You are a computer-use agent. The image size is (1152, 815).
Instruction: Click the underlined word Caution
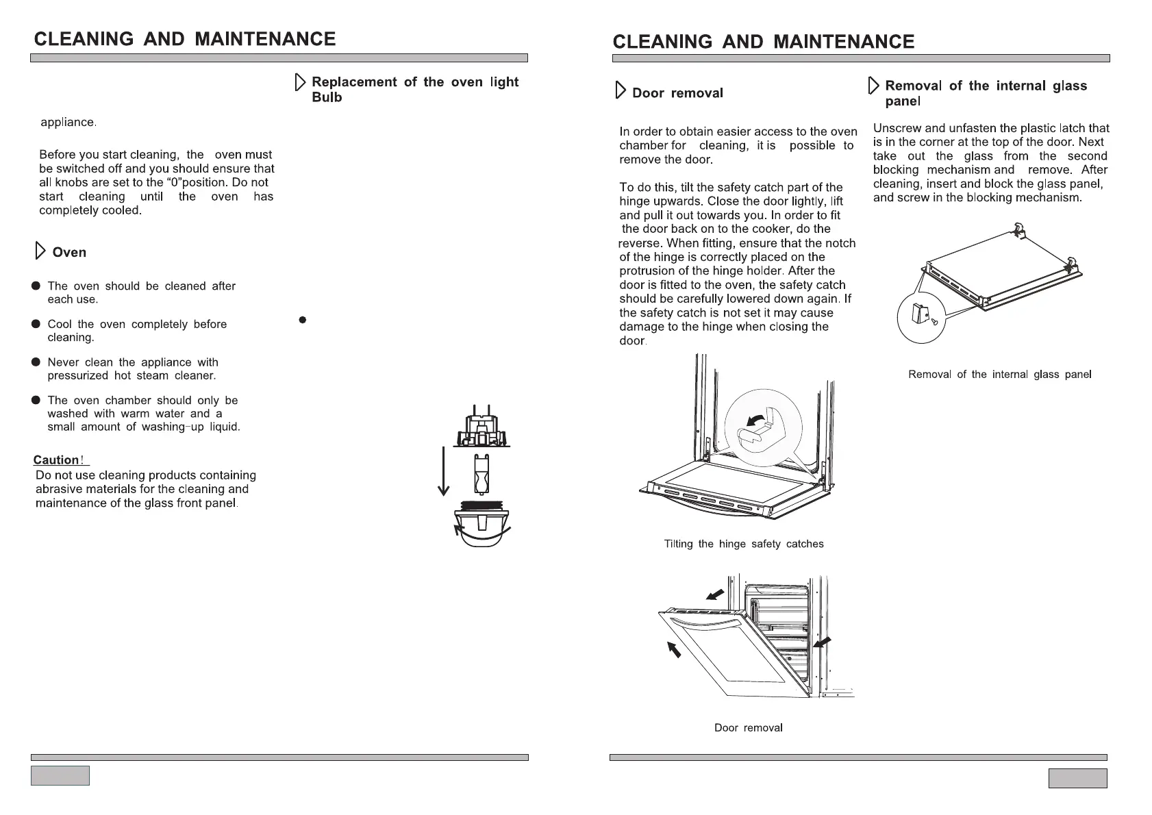pos(56,460)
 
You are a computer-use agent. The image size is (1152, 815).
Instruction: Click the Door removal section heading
pos(677,93)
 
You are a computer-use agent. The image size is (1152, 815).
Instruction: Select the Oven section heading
pos(69,252)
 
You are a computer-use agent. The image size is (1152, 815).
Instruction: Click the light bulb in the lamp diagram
pos(482,473)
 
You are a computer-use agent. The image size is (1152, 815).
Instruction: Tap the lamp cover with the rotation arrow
pos(482,528)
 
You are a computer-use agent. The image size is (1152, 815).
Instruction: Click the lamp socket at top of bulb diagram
pos(482,429)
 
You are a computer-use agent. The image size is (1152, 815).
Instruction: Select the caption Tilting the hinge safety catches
pos(744,544)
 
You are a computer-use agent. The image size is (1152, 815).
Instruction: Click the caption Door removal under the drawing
pos(748,727)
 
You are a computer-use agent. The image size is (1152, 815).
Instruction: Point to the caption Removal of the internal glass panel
pos(999,375)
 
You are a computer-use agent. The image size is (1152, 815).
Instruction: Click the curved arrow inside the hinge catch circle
pos(756,418)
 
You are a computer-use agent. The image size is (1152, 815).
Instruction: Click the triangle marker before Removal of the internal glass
pos(873,86)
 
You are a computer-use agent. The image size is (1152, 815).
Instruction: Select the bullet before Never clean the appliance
pos(36,362)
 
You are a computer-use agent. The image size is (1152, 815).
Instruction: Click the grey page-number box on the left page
pos(60,775)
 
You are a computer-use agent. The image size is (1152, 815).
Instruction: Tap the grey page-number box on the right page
pos(1077,778)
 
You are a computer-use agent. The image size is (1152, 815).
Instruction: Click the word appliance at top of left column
pos(68,123)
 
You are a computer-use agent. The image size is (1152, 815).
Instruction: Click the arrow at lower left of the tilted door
pos(675,648)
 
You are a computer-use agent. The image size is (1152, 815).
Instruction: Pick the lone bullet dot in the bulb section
pos(303,320)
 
